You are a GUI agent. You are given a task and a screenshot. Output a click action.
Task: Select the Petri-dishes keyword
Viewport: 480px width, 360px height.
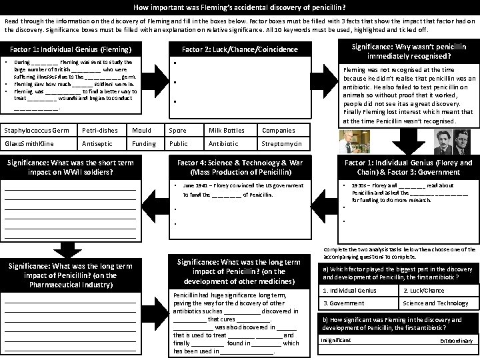(x=98, y=131)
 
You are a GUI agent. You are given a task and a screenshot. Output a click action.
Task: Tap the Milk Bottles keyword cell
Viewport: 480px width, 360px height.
(x=223, y=131)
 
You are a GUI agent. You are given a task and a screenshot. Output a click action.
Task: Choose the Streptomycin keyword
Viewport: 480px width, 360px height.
(x=283, y=144)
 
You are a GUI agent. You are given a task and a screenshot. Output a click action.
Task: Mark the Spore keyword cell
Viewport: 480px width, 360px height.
(x=179, y=131)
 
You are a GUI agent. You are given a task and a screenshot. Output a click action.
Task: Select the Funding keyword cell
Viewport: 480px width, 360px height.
(x=144, y=144)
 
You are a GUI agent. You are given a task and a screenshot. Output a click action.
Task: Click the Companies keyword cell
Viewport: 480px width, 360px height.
(x=278, y=131)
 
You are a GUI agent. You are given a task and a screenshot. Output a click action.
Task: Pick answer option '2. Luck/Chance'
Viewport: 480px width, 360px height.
(x=423, y=291)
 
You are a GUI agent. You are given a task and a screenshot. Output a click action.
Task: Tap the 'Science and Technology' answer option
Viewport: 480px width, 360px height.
(x=433, y=303)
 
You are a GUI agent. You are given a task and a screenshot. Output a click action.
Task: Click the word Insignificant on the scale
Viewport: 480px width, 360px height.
(x=336, y=339)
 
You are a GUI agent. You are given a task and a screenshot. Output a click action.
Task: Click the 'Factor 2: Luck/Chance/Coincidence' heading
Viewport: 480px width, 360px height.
(x=240, y=49)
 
